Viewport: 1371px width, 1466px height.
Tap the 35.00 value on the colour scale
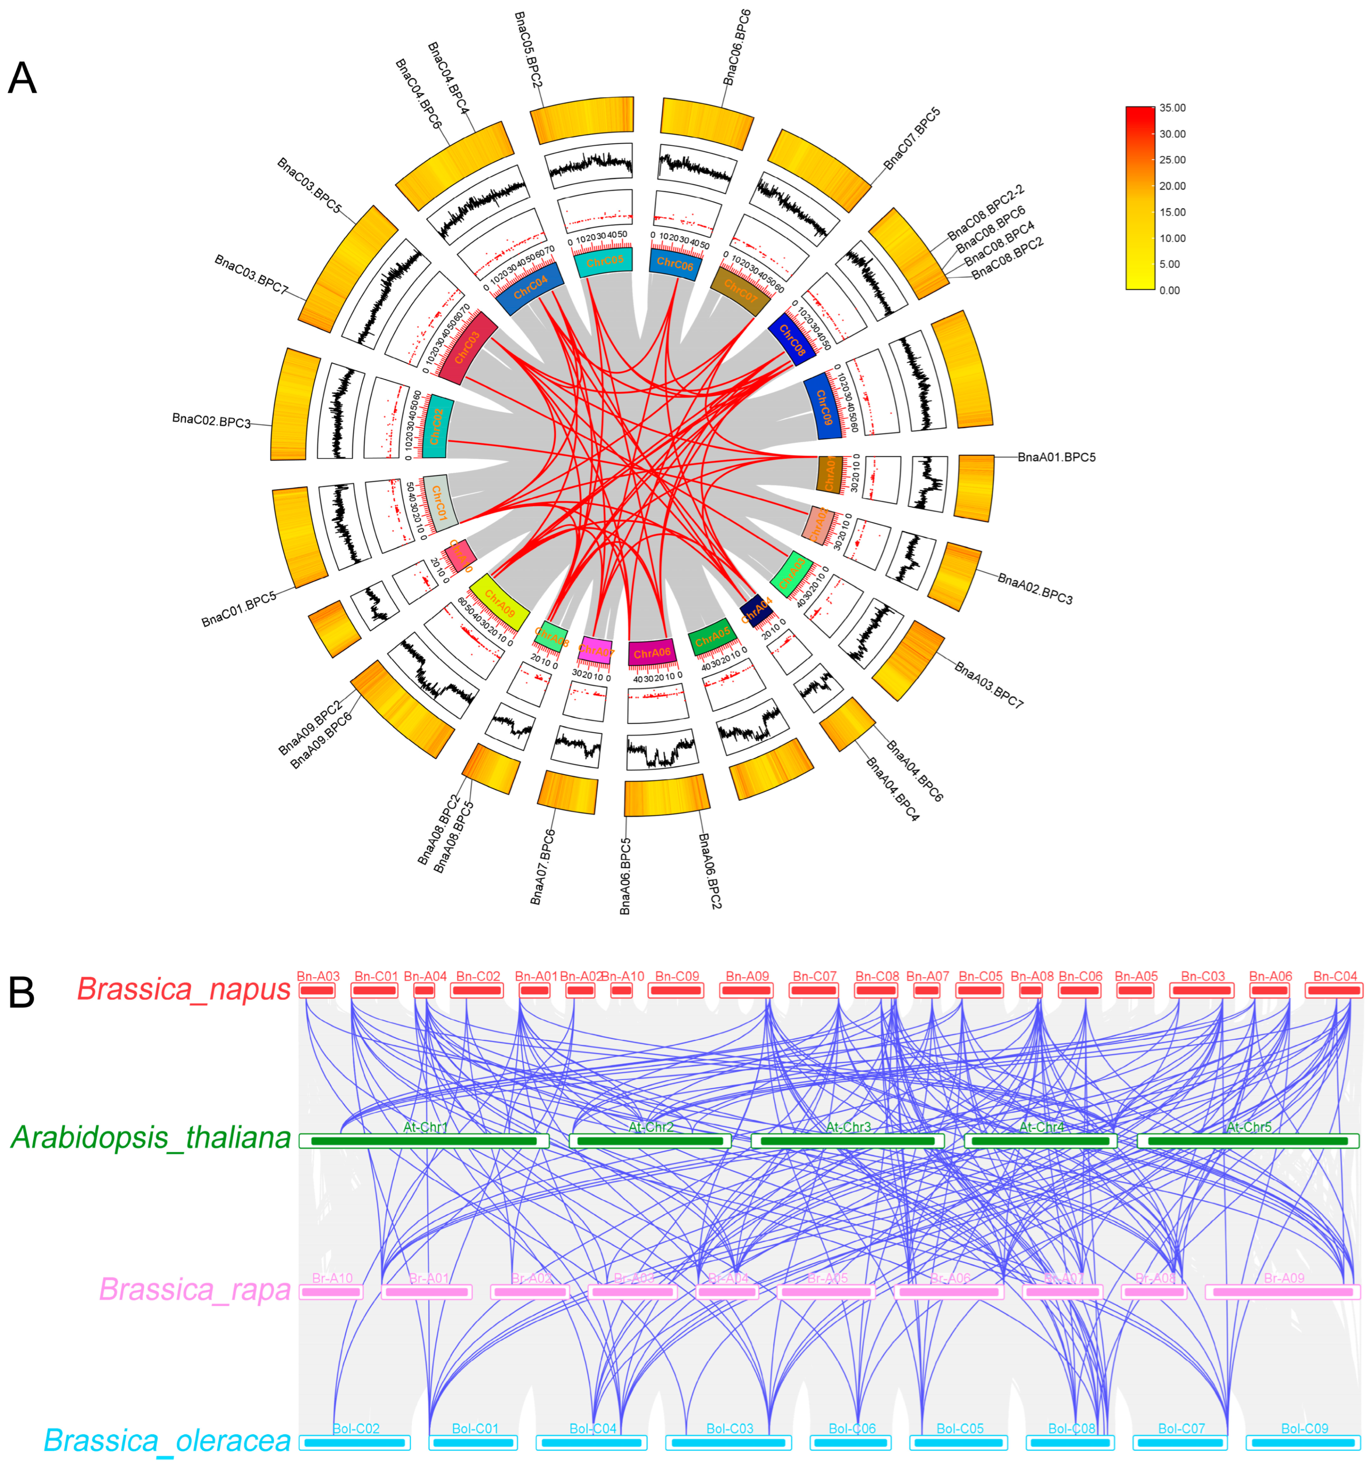pos(1172,108)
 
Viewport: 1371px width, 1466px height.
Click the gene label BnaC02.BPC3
pos(212,420)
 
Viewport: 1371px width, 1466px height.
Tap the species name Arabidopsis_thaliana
pos(151,1138)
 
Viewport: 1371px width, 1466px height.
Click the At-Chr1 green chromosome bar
pos(424,1141)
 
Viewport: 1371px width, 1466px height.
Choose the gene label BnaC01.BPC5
pos(239,609)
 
